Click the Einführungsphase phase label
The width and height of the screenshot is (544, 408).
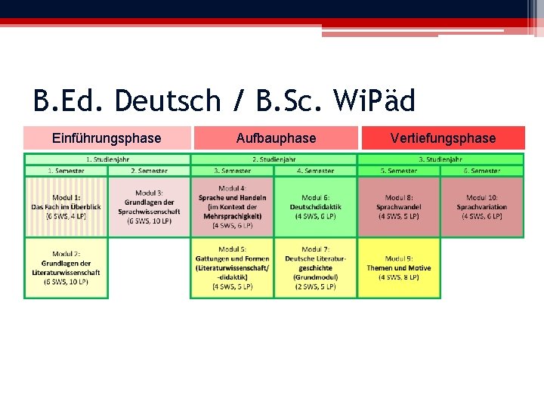[107, 138]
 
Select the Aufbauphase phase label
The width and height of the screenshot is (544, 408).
[276, 138]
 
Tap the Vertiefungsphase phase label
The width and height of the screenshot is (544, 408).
[443, 138]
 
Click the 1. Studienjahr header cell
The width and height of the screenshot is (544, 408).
[107, 159]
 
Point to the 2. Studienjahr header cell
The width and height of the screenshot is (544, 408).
[274, 159]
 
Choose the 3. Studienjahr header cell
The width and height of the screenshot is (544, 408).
[440, 159]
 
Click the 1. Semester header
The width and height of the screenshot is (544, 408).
[66, 171]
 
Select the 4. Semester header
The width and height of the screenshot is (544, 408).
[315, 171]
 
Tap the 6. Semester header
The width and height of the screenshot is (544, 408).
[482, 171]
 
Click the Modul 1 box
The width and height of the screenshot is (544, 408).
[66, 206]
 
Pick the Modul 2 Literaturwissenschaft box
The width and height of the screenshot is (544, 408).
[66, 267]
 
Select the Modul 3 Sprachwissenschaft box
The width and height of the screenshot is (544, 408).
[149, 206]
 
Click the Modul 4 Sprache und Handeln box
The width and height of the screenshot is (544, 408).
[232, 206]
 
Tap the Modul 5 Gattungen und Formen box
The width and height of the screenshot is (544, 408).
[232, 267]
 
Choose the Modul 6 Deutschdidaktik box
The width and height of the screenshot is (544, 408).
[315, 206]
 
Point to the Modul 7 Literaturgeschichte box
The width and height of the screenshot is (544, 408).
[315, 267]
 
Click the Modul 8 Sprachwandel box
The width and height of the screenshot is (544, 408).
[399, 206]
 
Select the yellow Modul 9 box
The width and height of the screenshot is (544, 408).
[399, 267]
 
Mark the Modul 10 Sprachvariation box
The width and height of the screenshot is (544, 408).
[482, 206]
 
